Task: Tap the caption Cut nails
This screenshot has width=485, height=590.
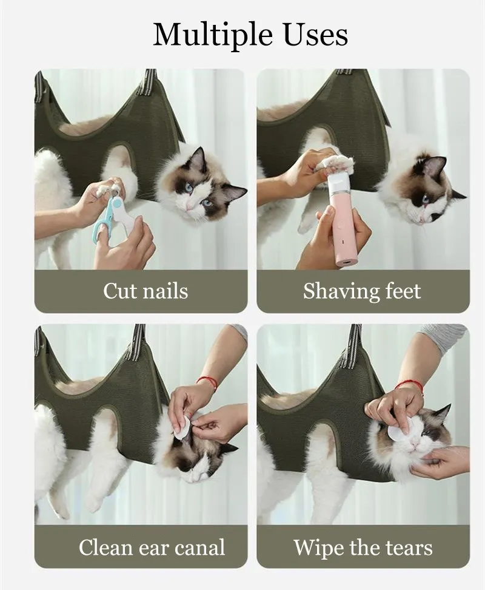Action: point(145,291)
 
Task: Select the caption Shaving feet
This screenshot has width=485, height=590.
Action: point(362,291)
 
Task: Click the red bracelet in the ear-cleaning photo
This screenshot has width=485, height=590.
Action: point(207,381)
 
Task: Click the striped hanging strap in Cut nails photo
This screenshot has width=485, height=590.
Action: point(147,82)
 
